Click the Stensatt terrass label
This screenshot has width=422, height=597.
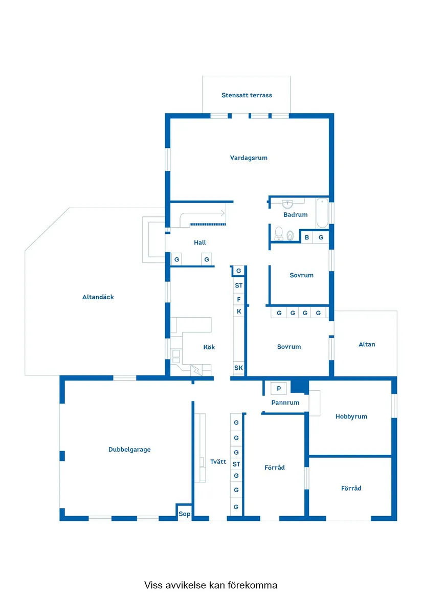(247, 95)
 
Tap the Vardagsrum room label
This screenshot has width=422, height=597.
(249, 158)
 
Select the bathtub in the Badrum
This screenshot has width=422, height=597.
(322, 213)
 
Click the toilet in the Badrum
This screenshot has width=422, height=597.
(279, 233)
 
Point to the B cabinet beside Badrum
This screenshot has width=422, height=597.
(307, 237)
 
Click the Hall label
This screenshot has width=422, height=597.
(200, 242)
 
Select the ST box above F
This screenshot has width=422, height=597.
(239, 285)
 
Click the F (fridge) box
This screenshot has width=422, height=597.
(239, 299)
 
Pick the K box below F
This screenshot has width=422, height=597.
(239, 311)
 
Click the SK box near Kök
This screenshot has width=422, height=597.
(239, 368)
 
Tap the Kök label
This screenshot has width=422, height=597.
(209, 347)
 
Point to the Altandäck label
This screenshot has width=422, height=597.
(98, 297)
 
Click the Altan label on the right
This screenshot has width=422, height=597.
(367, 344)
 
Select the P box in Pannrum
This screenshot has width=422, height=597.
(279, 388)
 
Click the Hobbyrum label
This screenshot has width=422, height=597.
(351, 416)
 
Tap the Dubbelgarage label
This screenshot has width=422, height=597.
(129, 450)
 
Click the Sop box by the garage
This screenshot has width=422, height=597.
(184, 514)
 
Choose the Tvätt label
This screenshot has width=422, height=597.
(218, 461)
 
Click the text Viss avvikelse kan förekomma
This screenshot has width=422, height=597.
(211, 585)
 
